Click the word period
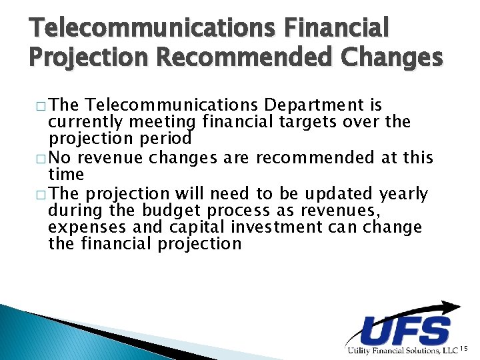pyautogui.click(x=166, y=139)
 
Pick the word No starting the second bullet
pyautogui.click(x=61, y=158)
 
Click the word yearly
pyautogui.click(x=403, y=194)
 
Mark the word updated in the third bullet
pyautogui.click(x=337, y=194)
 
